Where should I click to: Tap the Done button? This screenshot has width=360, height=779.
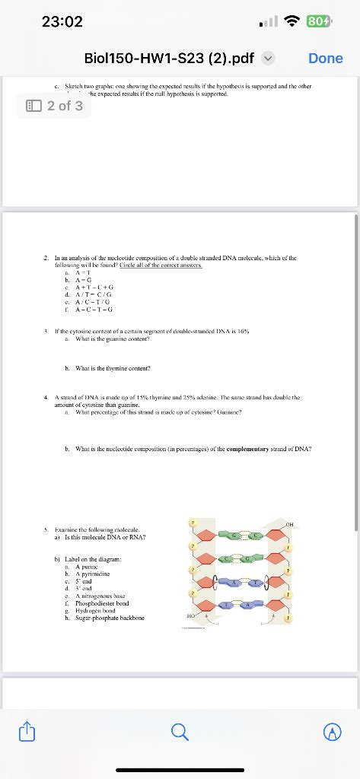point(326,59)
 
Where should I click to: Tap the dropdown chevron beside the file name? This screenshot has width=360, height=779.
point(268,59)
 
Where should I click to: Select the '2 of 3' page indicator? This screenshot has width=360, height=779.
point(53,106)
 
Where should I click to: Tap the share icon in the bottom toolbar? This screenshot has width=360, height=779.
point(28,732)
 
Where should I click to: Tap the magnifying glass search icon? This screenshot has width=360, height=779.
point(180,732)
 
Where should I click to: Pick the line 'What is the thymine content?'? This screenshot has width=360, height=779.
point(112,368)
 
